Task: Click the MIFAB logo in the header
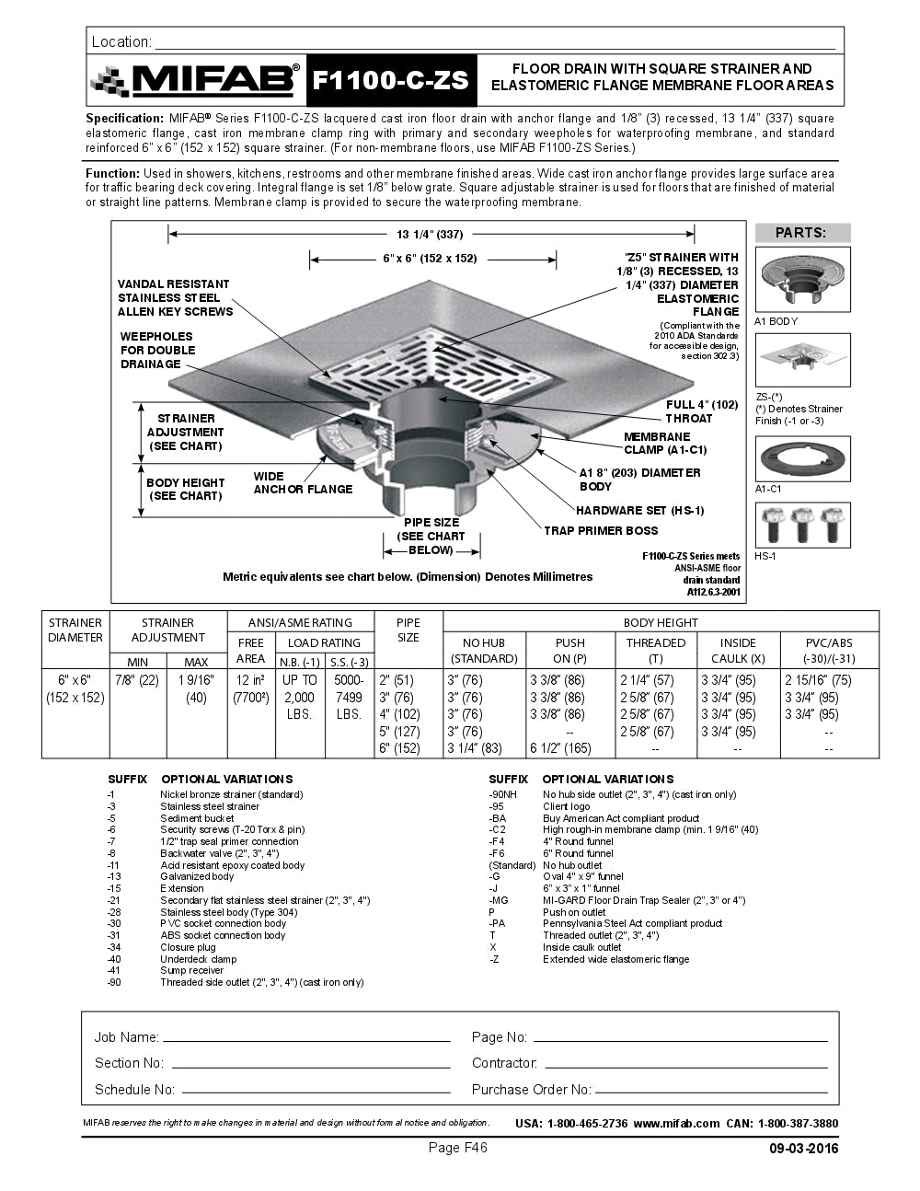point(195,81)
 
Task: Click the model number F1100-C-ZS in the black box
point(391,81)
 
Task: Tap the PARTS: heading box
point(801,233)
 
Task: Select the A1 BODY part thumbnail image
point(802,279)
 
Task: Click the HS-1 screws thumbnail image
point(802,525)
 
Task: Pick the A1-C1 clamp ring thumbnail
point(802,458)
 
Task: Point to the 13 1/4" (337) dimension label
point(430,234)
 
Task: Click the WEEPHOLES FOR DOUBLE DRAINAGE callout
point(157,350)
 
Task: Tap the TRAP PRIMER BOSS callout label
point(601,530)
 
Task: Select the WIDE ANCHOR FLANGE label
point(303,483)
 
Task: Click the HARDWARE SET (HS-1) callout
point(640,510)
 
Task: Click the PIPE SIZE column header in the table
point(408,630)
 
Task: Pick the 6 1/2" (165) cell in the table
point(560,748)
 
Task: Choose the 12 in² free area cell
point(250,680)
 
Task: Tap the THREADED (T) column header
point(655,650)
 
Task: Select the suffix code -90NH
point(502,794)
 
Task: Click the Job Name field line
point(305,1038)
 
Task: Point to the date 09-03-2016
point(803,1149)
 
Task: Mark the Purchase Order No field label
point(531,1090)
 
